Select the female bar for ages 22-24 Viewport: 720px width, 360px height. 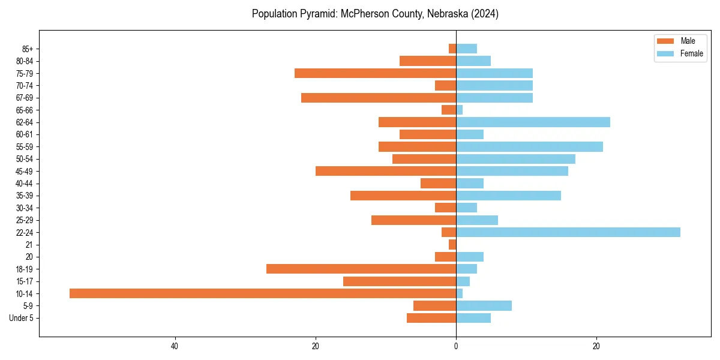[x=568, y=232]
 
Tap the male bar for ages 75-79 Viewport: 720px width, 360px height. [x=375, y=73]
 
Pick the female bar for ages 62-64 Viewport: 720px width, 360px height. [x=533, y=122]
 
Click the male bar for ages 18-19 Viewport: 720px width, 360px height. [x=361, y=269]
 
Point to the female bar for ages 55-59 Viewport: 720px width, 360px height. [x=529, y=146]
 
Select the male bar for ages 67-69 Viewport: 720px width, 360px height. [x=379, y=98]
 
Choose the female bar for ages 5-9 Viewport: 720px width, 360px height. [x=484, y=305]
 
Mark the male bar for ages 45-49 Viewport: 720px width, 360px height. [x=386, y=171]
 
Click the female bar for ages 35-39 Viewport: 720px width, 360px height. [x=508, y=196]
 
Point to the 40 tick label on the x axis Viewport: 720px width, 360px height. [x=175, y=346]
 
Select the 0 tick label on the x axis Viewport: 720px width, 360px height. [x=456, y=346]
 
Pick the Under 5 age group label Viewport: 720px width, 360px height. [x=21, y=318]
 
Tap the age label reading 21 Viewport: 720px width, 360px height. [x=29, y=245]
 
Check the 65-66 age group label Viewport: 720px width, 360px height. [x=24, y=110]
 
